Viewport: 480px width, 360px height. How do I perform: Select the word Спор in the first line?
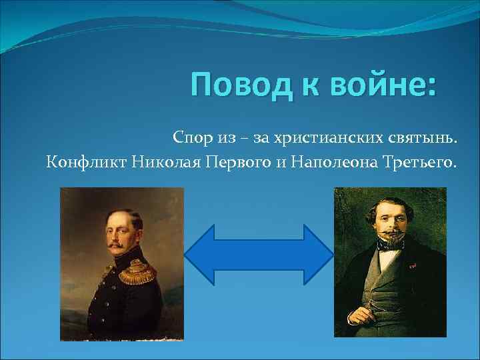point(193,138)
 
